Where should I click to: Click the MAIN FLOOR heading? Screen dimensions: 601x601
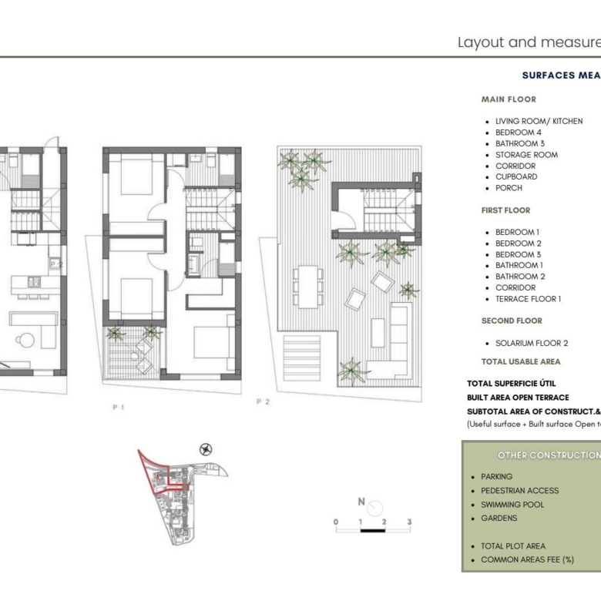(509, 99)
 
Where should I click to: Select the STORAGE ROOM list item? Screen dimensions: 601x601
(526, 155)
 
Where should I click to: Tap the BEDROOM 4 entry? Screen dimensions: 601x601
(519, 133)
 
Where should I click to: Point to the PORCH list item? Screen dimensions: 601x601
(509, 188)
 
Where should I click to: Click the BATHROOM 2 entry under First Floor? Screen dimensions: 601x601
(520, 277)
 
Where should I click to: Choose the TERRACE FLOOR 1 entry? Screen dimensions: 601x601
(528, 299)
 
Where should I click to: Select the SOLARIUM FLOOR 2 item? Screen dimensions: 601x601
(532, 343)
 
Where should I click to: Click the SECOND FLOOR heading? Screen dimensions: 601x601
(512, 321)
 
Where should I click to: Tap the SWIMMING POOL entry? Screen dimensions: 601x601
(512, 505)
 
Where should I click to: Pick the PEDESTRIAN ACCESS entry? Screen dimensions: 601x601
(520, 491)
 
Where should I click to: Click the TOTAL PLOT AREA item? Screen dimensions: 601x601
(513, 546)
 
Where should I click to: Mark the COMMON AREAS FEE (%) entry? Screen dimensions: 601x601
(527, 559)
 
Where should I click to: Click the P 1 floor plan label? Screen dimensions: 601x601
(119, 407)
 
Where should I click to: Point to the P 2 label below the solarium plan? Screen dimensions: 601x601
(263, 401)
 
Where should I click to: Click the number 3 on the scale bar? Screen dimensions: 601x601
(409, 522)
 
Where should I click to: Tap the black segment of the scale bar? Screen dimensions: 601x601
(373, 530)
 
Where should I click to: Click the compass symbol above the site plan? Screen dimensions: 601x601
(206, 449)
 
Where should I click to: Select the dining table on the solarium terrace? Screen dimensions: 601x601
(308, 287)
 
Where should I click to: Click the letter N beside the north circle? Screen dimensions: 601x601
(361, 502)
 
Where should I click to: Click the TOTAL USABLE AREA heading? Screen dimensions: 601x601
(521, 361)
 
